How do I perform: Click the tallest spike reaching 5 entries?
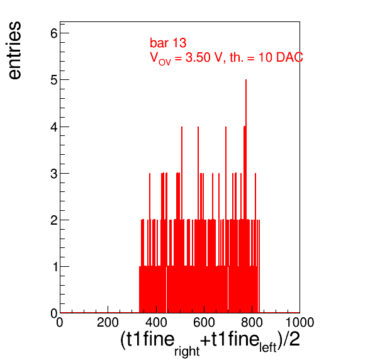tap(246, 149)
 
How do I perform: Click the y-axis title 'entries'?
tap(15, 50)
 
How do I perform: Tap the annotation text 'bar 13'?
tap(168, 43)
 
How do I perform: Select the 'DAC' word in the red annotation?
tap(289, 57)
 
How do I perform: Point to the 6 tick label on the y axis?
tap(54, 33)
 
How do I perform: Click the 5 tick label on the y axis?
tap(54, 80)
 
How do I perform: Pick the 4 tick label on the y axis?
tap(54, 127)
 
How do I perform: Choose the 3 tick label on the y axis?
tap(54, 174)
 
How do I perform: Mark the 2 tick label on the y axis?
tap(54, 220)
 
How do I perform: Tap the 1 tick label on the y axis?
tap(55, 267)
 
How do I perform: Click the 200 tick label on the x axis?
tap(108, 322)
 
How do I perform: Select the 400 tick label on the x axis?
tap(156, 322)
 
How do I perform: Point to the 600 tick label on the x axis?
tap(204, 322)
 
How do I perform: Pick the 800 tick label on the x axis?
tap(252, 322)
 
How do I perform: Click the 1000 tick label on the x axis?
tap(300, 322)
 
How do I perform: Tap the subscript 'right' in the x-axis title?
tap(187, 351)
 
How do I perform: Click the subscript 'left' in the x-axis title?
tap(268, 347)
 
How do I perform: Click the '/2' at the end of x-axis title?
tap(291, 339)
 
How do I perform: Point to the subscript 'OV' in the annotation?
tap(165, 62)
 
